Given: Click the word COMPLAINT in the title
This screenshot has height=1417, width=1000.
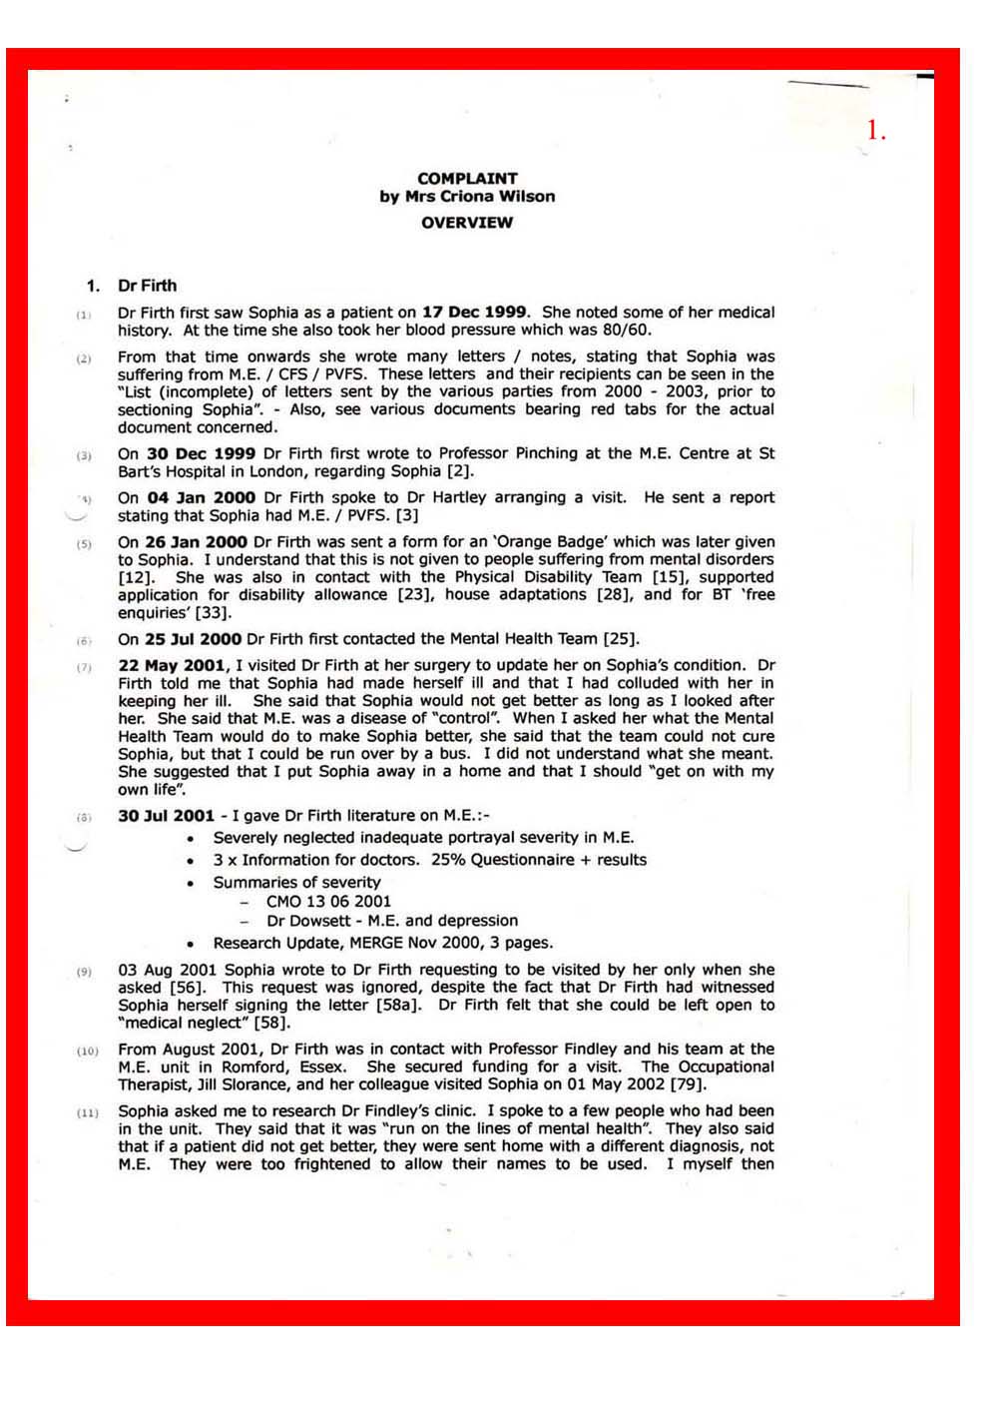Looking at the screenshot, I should tap(467, 179).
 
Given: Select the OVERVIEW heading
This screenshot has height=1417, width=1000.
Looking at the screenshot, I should tap(467, 223).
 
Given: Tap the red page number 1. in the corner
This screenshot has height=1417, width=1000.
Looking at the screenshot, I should tap(875, 131).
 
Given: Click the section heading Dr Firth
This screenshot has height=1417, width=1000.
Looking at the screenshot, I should tap(147, 286).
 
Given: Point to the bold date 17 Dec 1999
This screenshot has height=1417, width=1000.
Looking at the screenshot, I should tap(474, 313).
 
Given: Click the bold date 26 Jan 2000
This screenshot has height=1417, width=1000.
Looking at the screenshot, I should tap(197, 542).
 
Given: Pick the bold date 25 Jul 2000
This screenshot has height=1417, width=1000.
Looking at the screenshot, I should tap(194, 639).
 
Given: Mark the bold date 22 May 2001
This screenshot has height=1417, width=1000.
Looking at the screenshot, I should tap(173, 665).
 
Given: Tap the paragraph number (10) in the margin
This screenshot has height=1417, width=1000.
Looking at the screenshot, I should tap(87, 1052).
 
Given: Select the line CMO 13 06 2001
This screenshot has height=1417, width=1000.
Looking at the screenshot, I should tap(328, 902).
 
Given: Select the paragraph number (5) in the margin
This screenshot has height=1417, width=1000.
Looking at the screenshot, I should tap(85, 544).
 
